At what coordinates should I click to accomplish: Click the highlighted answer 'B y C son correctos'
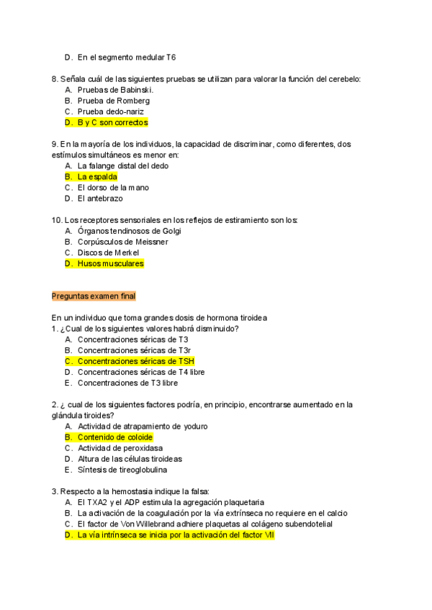point(112,123)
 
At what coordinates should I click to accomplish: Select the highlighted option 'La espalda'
point(97,176)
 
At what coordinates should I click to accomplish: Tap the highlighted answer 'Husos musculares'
point(110,264)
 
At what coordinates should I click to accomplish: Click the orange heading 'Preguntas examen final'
point(94,296)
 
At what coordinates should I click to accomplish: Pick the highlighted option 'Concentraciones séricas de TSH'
point(135,361)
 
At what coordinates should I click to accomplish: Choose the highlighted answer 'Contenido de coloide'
point(115,437)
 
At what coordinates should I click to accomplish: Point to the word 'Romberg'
point(133,101)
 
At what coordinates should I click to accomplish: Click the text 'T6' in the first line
point(171,57)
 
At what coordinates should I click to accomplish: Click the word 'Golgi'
point(171,231)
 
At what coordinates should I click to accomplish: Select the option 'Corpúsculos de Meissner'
point(122,242)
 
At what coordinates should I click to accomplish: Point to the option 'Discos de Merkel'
point(109,252)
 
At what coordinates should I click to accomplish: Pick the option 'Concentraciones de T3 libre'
point(127,383)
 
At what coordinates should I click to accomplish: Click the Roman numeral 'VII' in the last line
point(269,535)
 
